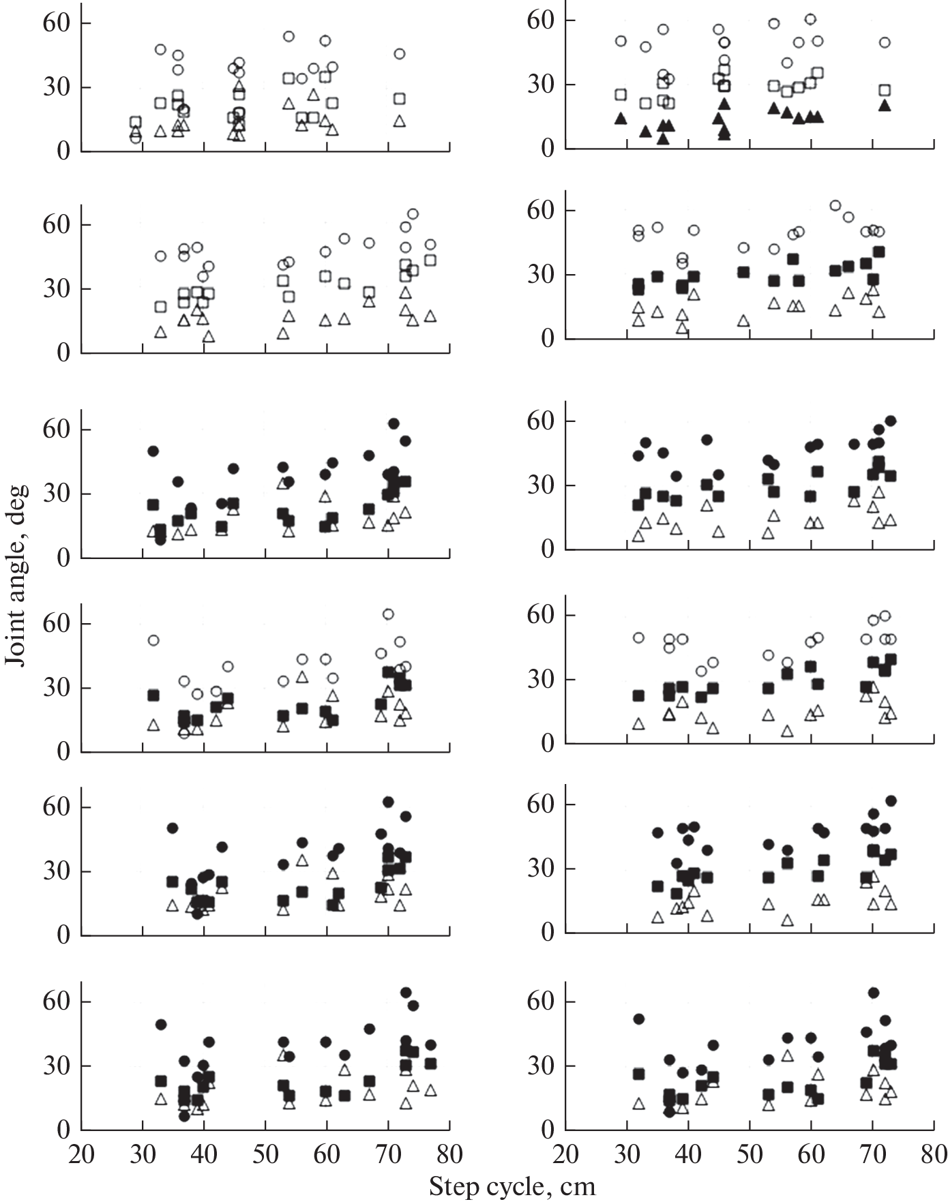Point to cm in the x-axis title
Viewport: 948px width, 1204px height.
coord(578,1187)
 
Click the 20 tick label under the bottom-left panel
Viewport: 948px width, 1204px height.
coord(81,1154)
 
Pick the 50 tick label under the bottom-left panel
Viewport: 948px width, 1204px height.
coord(265,1154)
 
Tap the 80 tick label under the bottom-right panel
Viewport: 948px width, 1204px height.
coord(933,1154)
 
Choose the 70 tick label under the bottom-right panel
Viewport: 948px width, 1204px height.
coord(872,1154)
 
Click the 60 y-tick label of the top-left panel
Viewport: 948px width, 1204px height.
coord(57,23)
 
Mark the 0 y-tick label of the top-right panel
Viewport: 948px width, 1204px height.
coord(548,149)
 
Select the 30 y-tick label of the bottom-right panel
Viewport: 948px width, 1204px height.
coord(541,1066)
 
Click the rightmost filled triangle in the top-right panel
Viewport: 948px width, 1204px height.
coord(885,106)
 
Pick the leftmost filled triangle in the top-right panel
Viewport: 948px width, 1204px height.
coord(621,119)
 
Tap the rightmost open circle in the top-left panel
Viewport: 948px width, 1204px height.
coord(400,54)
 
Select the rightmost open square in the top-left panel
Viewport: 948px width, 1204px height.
coord(400,99)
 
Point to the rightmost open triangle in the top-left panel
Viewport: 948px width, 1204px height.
coord(400,121)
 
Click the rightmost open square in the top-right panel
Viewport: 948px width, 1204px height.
coord(885,90)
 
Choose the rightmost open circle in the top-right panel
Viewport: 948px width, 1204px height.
coord(885,42)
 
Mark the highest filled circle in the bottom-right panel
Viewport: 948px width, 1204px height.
coord(873,993)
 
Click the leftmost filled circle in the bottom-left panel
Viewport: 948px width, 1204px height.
coord(161,1025)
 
